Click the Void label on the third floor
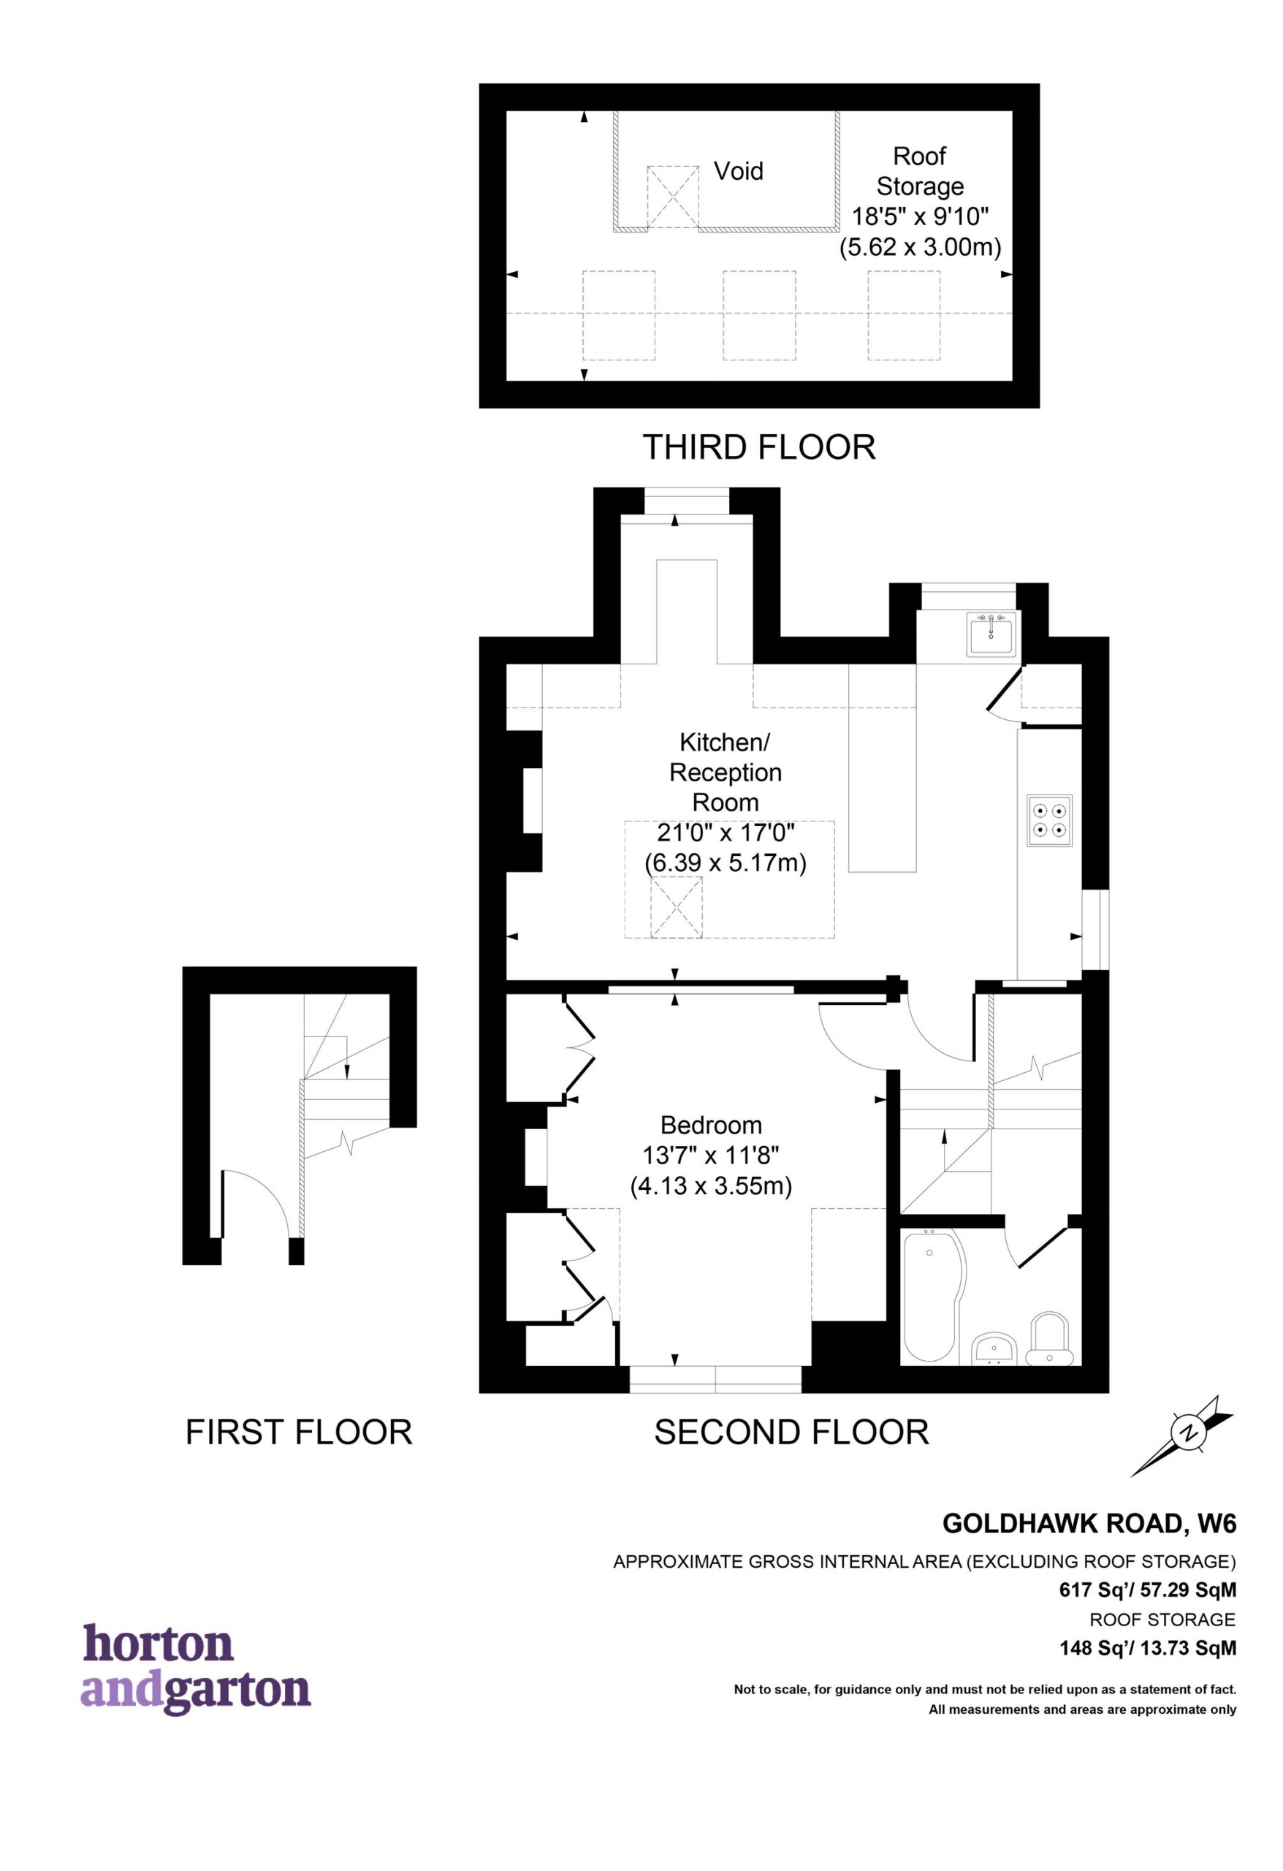(738, 171)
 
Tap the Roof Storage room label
(920, 171)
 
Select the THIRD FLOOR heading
(758, 447)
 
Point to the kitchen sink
(993, 634)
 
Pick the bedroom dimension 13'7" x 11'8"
(711, 1155)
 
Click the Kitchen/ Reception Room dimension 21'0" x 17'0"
(726, 832)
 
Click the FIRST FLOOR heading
(299, 1432)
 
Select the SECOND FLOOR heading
(791, 1432)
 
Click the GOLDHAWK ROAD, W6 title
(1089, 1523)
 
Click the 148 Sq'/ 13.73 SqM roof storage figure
(1147, 1649)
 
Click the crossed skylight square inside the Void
(673, 197)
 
